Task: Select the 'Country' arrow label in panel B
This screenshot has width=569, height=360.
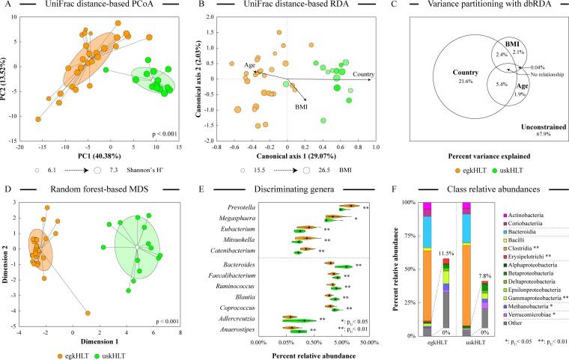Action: coord(364,73)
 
